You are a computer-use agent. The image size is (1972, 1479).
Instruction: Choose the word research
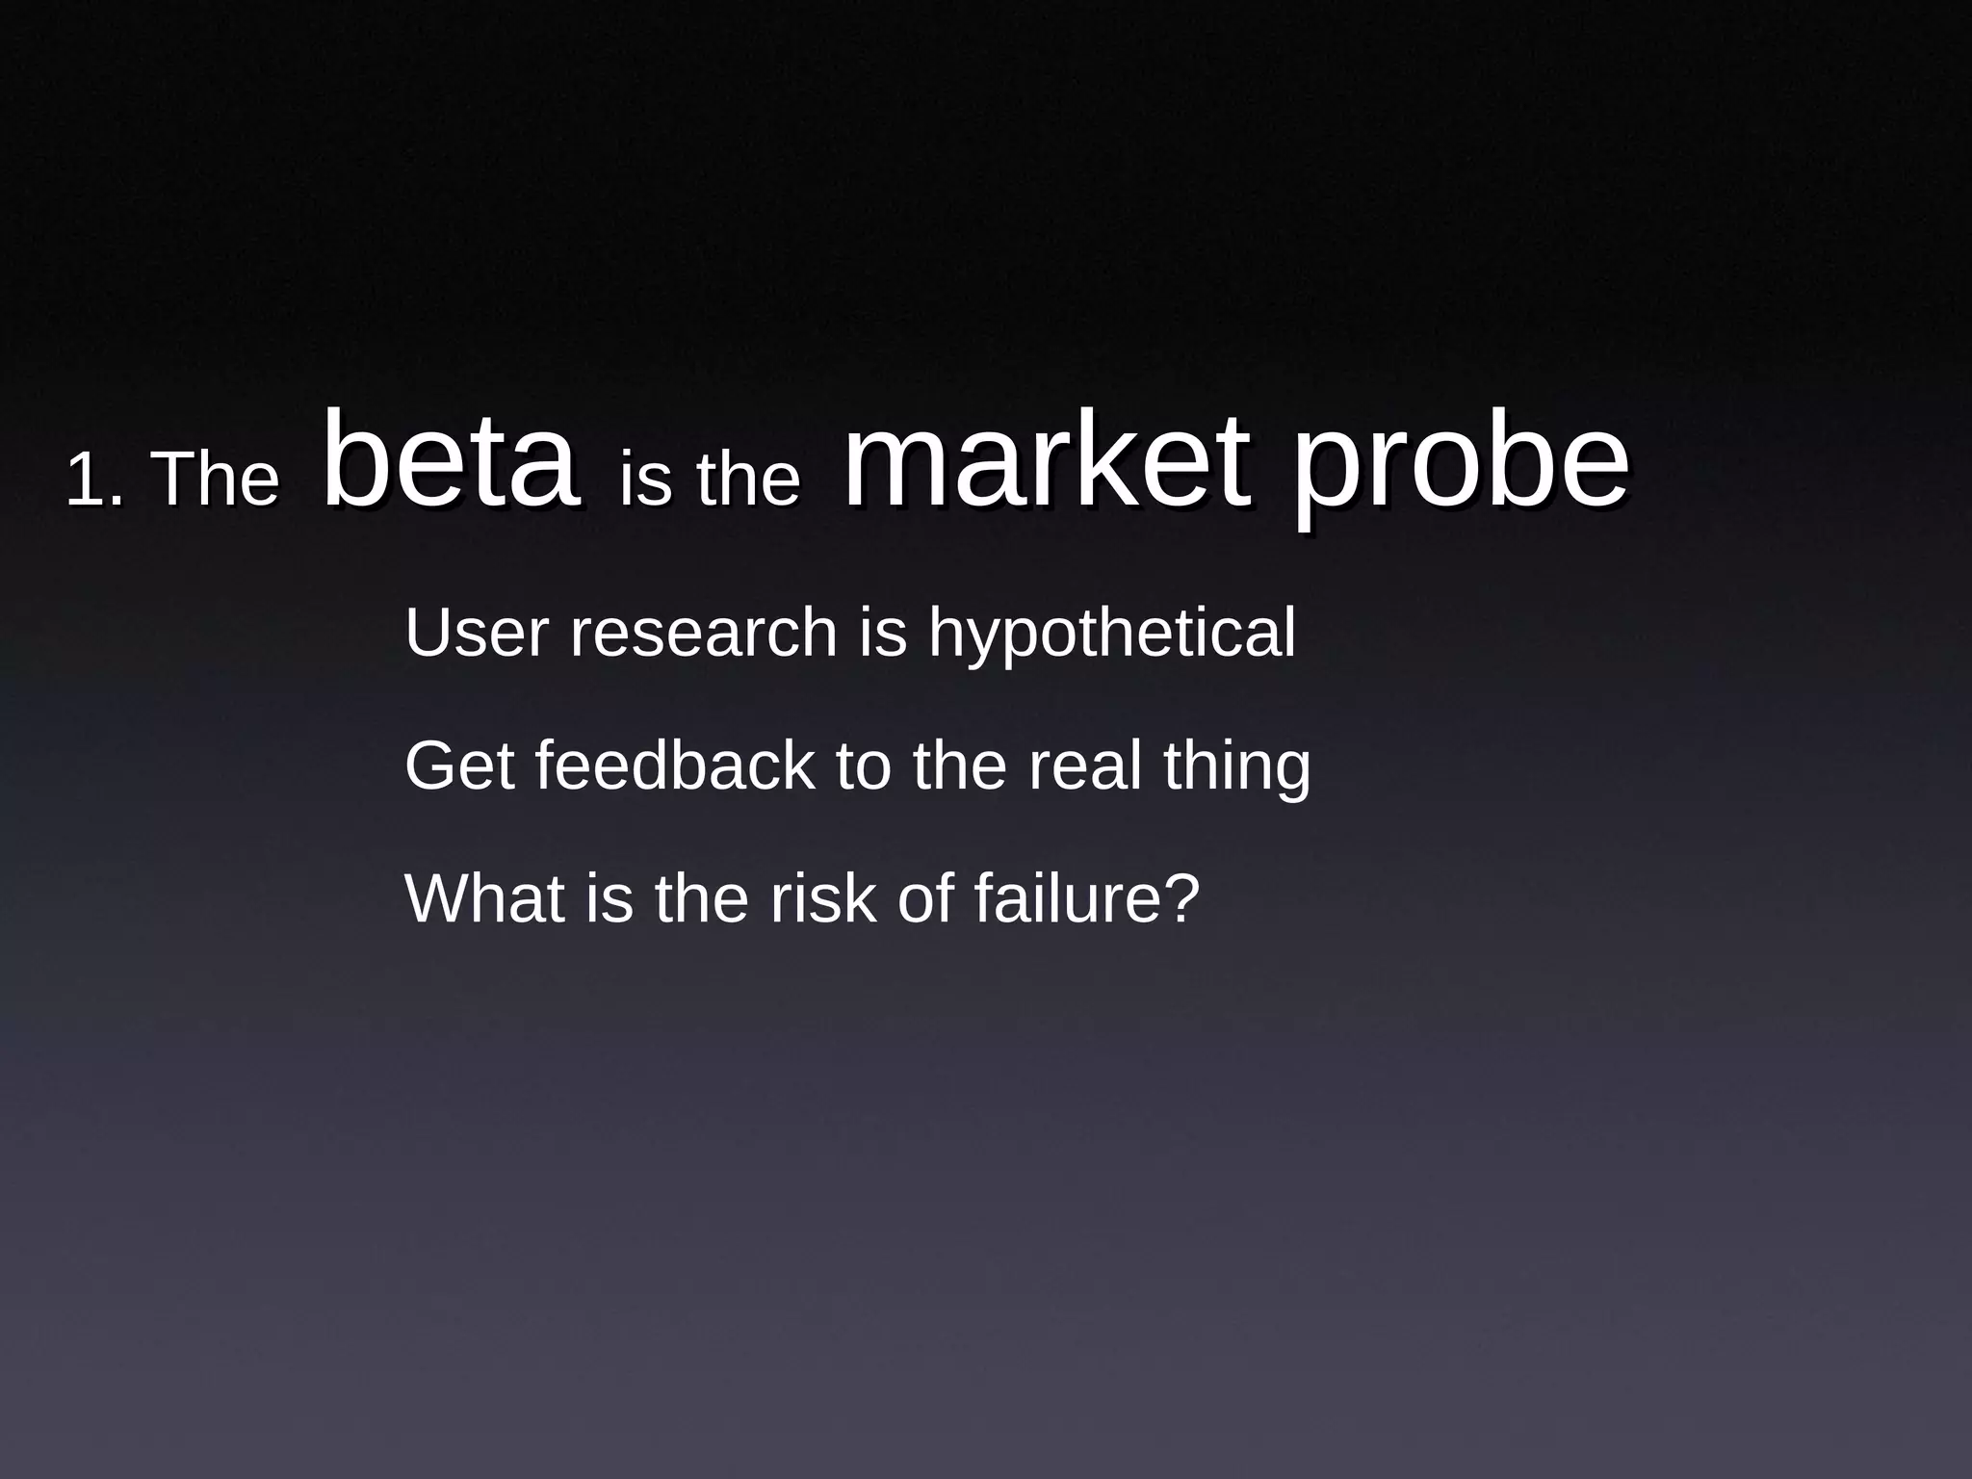click(x=704, y=633)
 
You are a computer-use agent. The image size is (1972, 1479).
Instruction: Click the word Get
click(x=459, y=765)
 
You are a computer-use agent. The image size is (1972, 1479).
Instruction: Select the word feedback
click(x=675, y=765)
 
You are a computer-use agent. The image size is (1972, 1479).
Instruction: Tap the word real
click(x=1085, y=765)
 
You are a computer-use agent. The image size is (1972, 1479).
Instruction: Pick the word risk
click(x=823, y=897)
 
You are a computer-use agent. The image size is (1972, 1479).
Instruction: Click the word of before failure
click(x=925, y=897)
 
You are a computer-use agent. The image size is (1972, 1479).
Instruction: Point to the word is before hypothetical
click(x=883, y=633)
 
